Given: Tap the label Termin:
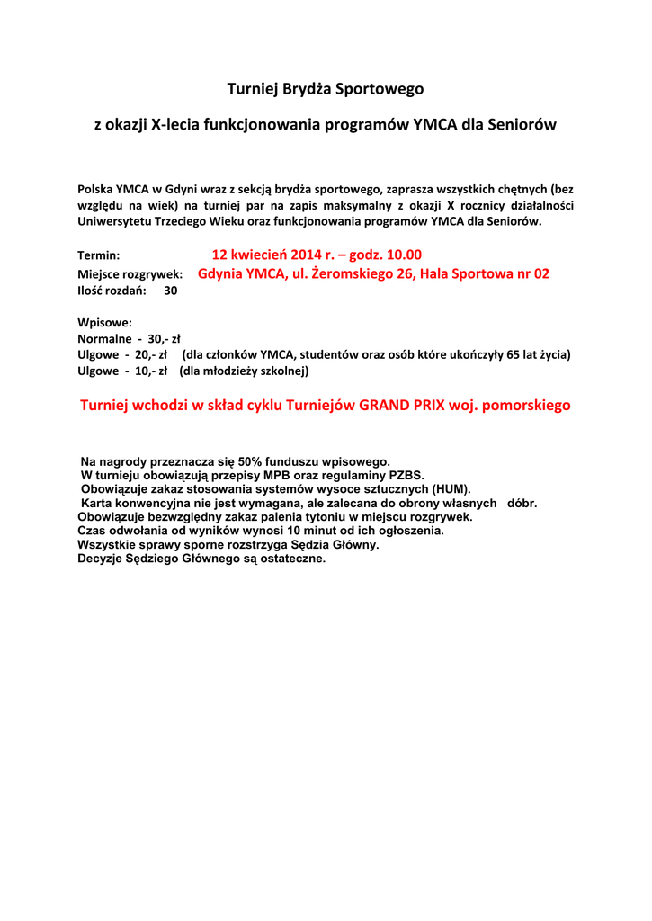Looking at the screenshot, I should (x=98, y=256).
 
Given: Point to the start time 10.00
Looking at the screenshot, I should (x=403, y=255).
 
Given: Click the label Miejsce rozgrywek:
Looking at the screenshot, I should (x=130, y=274).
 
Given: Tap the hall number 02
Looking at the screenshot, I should (x=540, y=273).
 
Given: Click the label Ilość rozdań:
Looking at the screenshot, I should (x=112, y=291).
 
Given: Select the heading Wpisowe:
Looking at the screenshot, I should (x=105, y=322).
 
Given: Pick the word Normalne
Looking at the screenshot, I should (x=104, y=339).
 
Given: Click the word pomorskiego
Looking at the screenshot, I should (x=525, y=406).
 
